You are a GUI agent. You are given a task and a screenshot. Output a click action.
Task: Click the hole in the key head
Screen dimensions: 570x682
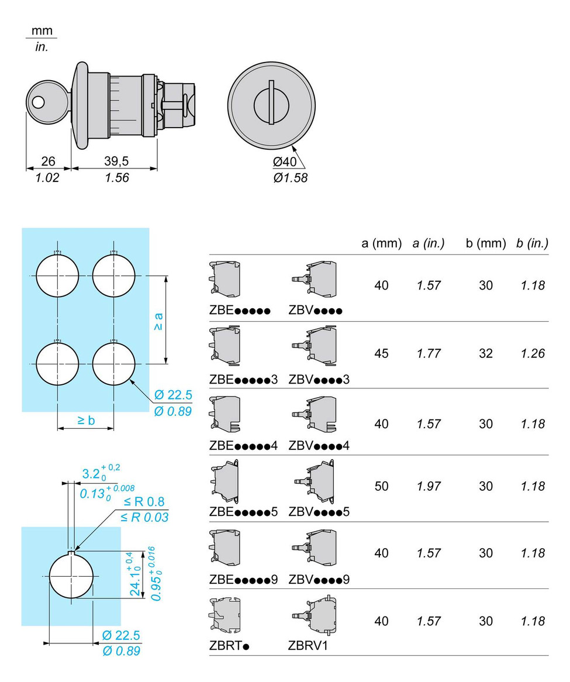(x=38, y=102)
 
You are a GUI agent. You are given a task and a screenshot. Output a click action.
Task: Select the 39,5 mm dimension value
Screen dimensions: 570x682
(x=116, y=161)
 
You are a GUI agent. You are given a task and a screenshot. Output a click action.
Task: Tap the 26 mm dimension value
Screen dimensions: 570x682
(x=49, y=161)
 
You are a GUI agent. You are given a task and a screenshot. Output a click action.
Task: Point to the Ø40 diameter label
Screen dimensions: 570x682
(x=285, y=162)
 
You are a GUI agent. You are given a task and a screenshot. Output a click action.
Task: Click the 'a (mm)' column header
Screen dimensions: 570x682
(x=381, y=243)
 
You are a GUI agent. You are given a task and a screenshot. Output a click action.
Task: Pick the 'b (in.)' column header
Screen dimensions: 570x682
(x=532, y=243)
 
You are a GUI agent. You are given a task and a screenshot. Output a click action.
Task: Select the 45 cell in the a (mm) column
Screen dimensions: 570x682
(x=381, y=354)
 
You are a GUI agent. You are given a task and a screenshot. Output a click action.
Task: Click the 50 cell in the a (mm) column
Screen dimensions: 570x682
(x=381, y=486)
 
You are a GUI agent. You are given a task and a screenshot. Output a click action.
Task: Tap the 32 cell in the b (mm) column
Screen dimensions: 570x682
(x=486, y=354)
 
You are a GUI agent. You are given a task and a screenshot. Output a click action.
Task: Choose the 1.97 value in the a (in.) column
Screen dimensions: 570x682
(x=429, y=486)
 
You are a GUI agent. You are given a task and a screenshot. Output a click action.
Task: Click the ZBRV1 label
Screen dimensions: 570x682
(x=308, y=646)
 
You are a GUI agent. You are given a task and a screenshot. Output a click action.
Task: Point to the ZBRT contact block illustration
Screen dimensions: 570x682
(x=224, y=616)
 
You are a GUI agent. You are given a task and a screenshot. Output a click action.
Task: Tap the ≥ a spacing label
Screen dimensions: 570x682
(x=158, y=321)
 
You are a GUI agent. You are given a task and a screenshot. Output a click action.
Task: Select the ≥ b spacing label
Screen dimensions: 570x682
(x=86, y=420)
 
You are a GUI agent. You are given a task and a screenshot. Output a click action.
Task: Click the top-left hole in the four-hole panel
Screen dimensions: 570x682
(x=57, y=275)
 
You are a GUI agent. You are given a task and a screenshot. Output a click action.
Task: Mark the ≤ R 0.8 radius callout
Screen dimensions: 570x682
(x=144, y=501)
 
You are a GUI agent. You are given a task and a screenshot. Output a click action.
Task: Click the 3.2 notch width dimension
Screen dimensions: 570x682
(x=101, y=473)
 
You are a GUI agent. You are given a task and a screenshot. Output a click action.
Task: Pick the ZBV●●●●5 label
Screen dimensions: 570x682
(x=319, y=512)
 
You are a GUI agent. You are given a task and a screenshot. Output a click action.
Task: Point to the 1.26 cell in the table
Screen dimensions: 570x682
(x=533, y=354)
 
